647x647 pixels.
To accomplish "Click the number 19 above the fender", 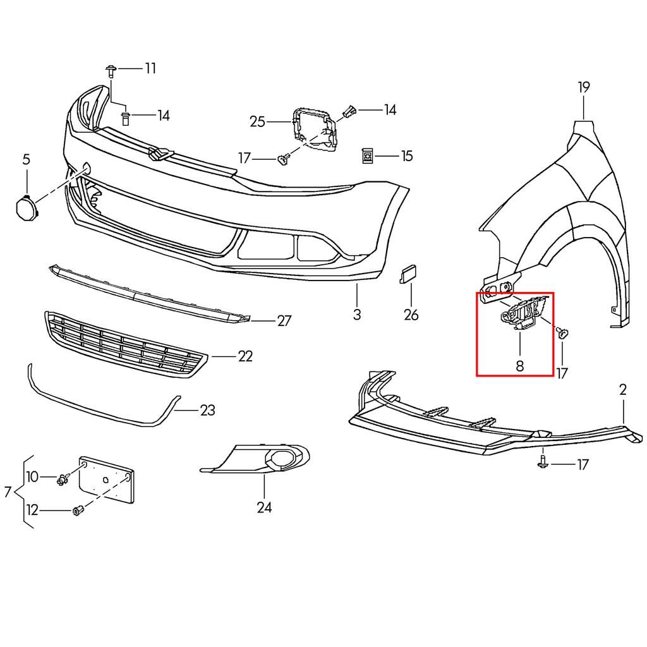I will [583, 87].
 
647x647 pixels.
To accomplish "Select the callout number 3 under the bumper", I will [357, 314].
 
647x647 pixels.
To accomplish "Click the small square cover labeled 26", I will [407, 275].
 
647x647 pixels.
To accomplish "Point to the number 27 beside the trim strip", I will [284, 321].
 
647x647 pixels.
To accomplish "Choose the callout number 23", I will [207, 411].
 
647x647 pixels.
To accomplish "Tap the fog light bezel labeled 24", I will [265, 459].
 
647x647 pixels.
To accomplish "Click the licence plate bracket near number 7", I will [106, 479].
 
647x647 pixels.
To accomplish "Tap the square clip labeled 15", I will [367, 155].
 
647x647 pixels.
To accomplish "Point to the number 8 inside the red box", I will [520, 365].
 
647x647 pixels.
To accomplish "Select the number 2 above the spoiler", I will [623, 390].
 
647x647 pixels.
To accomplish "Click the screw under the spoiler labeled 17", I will [543, 463].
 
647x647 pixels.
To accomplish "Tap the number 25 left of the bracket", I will [257, 121].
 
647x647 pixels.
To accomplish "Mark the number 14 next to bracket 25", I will [390, 110].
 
